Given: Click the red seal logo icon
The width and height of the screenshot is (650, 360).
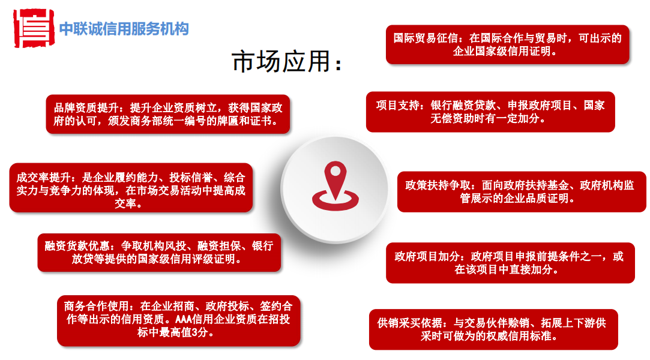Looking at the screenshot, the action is (x=34, y=28).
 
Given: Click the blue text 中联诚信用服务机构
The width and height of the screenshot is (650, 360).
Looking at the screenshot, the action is (x=124, y=29).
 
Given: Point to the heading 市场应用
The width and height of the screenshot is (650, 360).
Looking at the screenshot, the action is (x=286, y=62).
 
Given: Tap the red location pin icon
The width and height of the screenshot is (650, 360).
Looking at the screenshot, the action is (x=336, y=186).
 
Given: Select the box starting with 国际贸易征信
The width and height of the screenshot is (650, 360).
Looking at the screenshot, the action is (x=507, y=44).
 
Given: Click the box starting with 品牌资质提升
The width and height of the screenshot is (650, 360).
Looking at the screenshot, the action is (x=168, y=115).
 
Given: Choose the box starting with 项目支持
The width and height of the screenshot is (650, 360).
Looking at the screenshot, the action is (x=490, y=112).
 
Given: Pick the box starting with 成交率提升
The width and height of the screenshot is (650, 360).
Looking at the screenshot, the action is (x=131, y=188).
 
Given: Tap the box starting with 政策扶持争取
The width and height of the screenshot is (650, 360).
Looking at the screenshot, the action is (x=522, y=192).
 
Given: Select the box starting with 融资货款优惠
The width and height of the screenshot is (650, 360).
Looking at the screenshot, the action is (x=159, y=253).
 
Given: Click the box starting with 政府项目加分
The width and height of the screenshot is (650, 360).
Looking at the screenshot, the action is (x=510, y=263).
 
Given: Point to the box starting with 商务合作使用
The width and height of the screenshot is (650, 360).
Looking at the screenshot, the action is (x=179, y=320).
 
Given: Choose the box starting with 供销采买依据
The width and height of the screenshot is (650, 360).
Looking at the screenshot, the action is (x=493, y=329).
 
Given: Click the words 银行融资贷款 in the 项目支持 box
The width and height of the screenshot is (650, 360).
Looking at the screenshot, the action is (x=463, y=106).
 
